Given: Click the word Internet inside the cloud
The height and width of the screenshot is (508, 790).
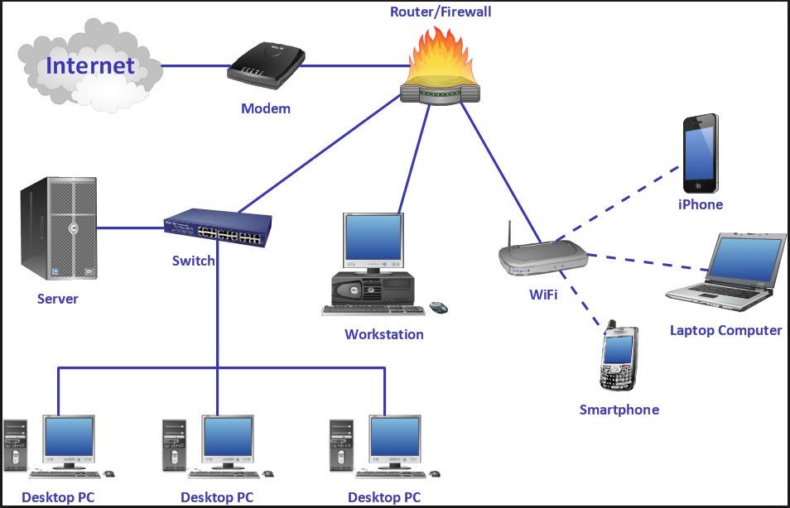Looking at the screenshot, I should (89, 65).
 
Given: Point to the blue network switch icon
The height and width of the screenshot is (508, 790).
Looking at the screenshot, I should (219, 228).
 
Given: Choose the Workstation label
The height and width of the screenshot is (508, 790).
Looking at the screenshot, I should (383, 334).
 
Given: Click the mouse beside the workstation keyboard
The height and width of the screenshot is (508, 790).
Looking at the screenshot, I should (438, 308).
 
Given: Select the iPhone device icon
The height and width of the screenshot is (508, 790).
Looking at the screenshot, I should (700, 154).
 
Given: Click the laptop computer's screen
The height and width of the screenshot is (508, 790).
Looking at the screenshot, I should (749, 258).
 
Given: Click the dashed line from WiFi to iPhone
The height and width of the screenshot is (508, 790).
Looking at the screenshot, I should (633, 199).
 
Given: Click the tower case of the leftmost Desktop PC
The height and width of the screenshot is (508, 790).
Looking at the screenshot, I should (16, 447).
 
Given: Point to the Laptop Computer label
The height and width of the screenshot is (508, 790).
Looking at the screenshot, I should (725, 330).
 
